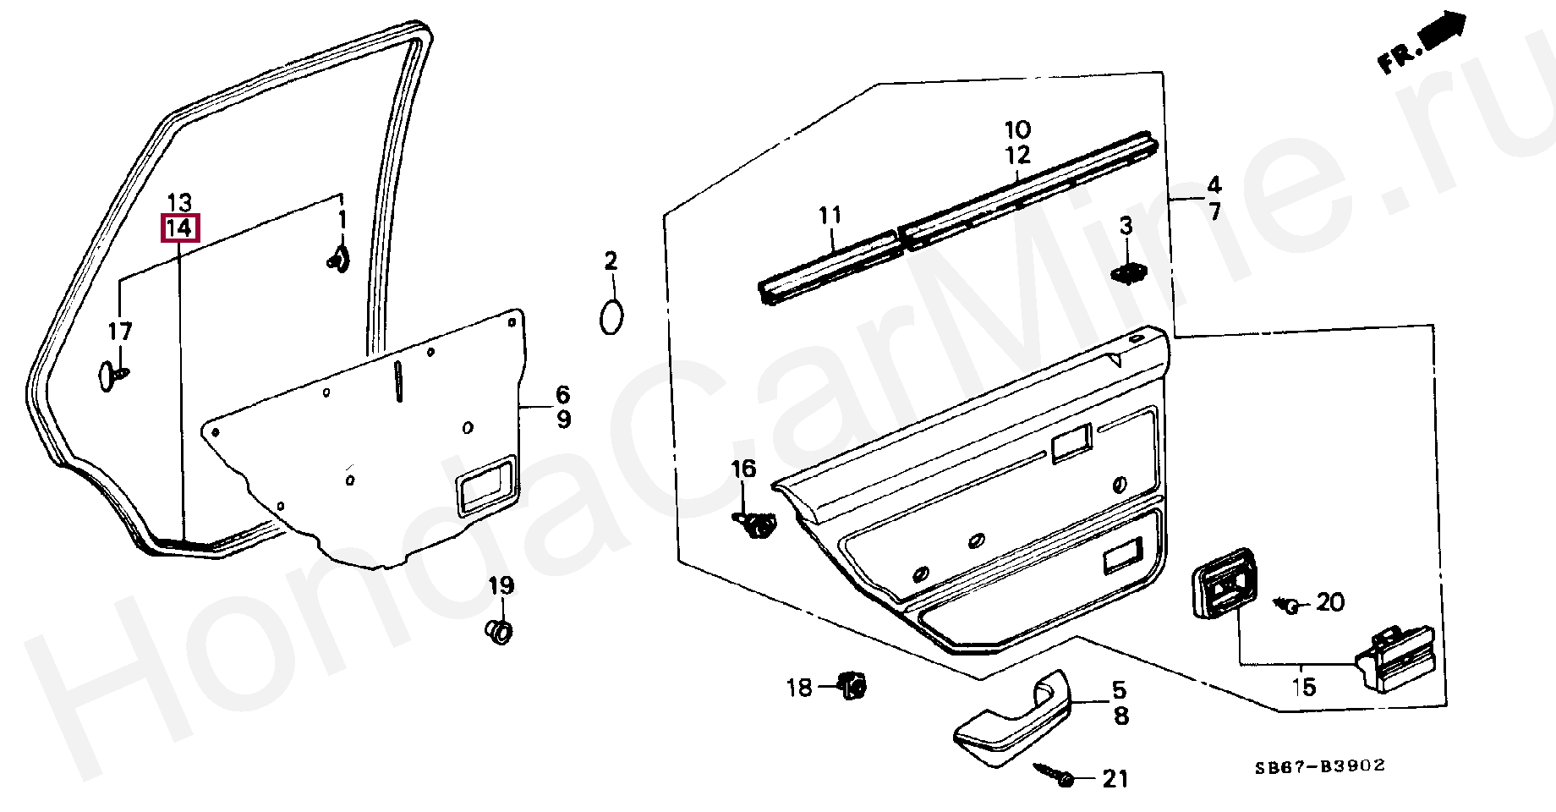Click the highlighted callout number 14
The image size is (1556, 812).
180,228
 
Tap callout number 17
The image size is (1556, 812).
120,332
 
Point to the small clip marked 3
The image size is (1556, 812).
1127,273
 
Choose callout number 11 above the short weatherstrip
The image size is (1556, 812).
830,215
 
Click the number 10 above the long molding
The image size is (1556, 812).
1018,130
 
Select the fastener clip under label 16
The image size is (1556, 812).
755,525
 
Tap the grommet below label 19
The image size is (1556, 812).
501,631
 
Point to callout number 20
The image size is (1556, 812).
1329,602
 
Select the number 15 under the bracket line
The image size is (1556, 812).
1304,687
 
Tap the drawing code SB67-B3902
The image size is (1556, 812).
1319,766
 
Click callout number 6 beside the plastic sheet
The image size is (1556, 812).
562,394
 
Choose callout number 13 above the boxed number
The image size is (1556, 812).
179,203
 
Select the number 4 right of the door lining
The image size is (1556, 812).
1214,184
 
